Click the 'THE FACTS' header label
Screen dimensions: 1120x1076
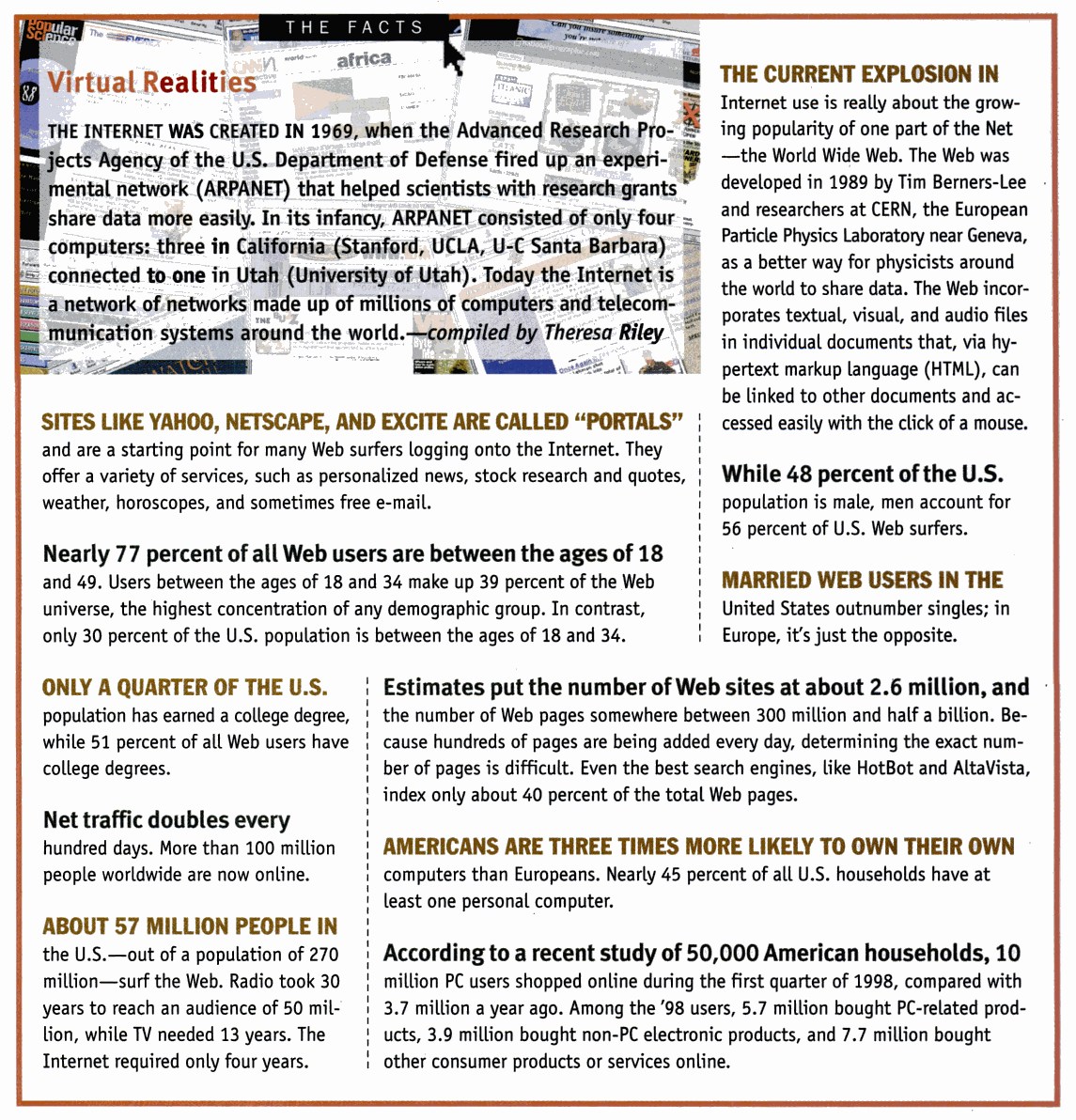click(354, 27)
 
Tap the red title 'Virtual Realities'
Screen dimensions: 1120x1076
click(151, 83)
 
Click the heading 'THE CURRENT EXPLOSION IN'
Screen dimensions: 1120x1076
click(859, 75)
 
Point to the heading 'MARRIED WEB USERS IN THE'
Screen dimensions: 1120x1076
click(862, 581)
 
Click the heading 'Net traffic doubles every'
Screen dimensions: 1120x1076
click(166, 820)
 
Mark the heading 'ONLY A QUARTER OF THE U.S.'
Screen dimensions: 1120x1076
click(185, 688)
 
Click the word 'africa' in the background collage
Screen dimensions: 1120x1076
click(364, 59)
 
